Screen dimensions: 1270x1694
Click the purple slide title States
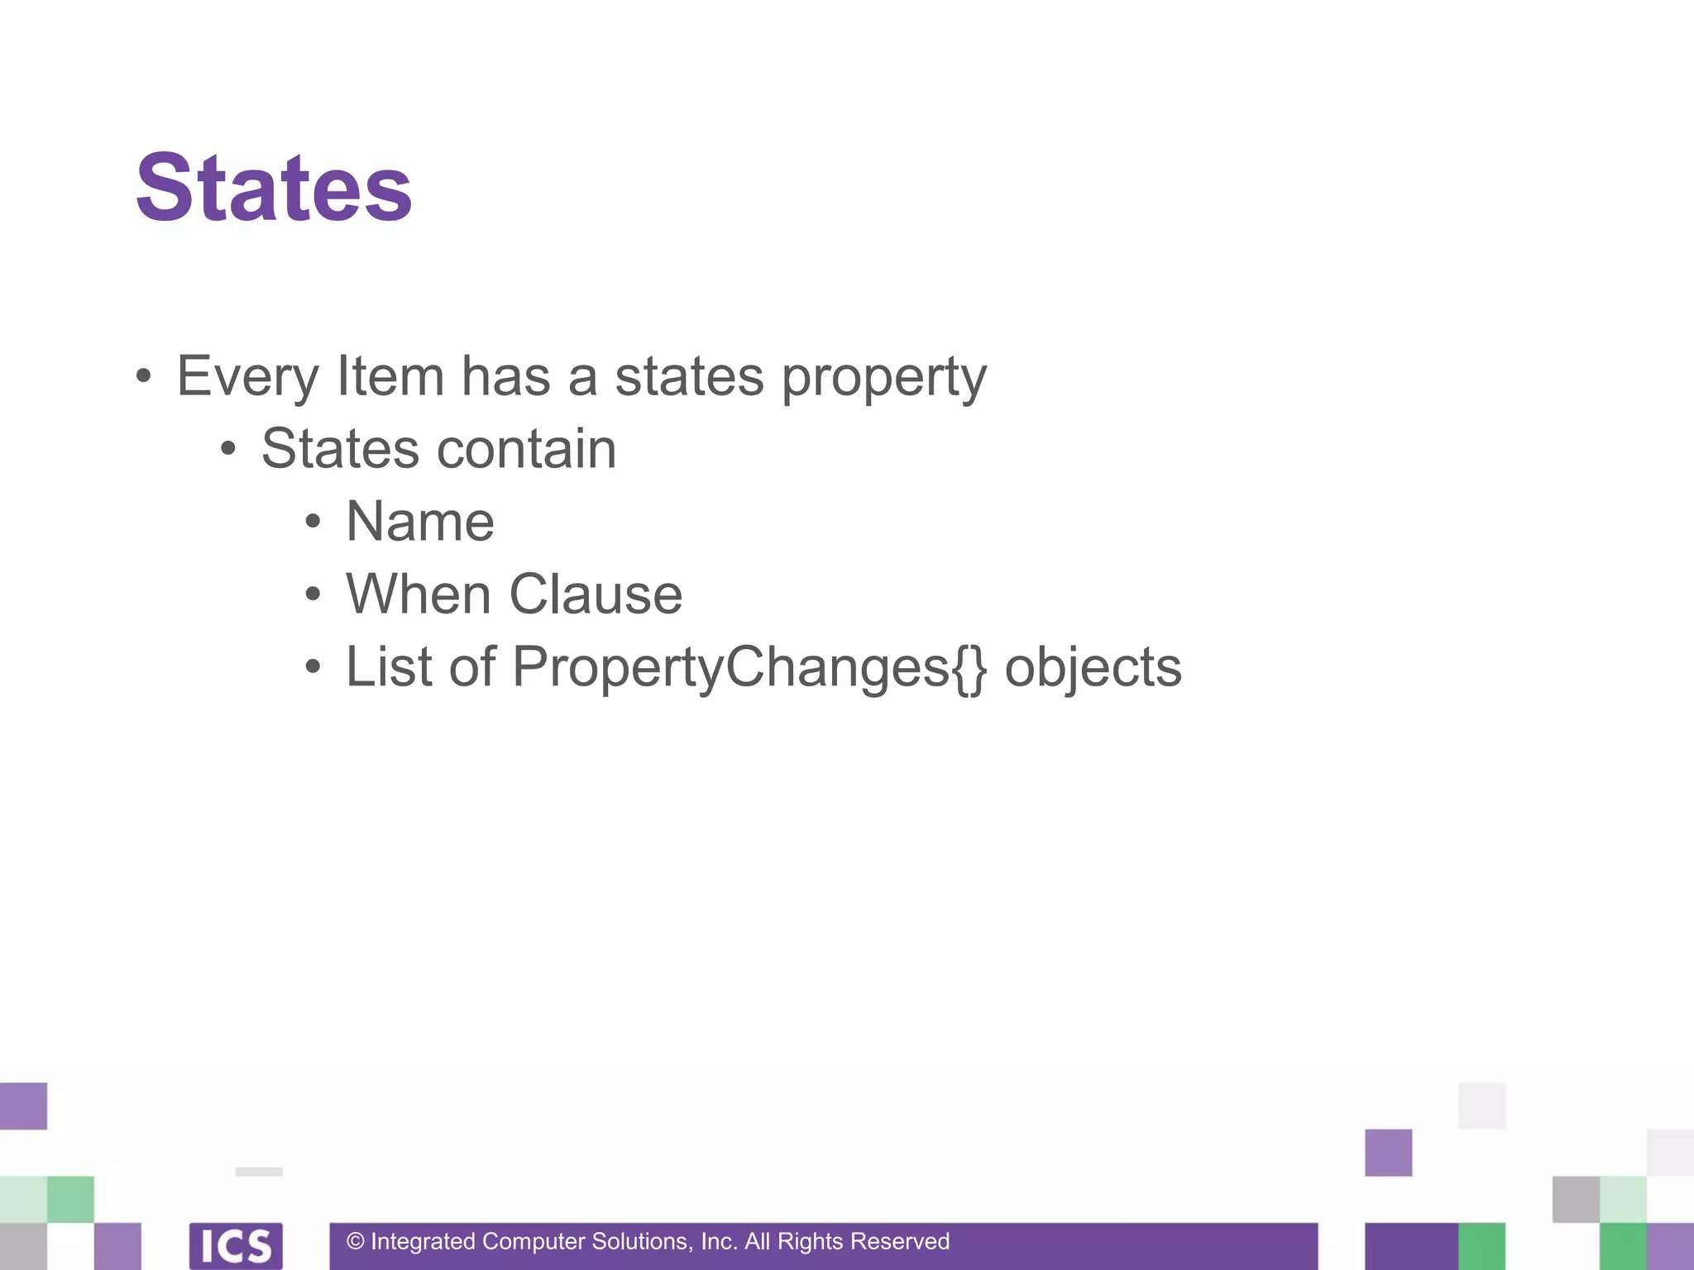[x=274, y=189]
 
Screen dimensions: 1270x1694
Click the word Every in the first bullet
[x=247, y=377]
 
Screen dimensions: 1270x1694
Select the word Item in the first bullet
[x=390, y=377]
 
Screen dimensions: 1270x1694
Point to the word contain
[x=526, y=450]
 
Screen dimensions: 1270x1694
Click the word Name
[x=420, y=523]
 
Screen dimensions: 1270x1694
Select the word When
[x=419, y=594]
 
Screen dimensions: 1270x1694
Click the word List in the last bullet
[x=388, y=666]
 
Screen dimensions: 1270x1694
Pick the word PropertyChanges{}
[x=749, y=668]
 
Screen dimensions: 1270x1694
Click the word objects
[x=1093, y=668]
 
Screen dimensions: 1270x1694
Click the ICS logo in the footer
[x=236, y=1245]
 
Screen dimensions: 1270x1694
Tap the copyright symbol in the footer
[x=356, y=1242]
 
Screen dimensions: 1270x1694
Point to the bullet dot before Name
[x=312, y=522]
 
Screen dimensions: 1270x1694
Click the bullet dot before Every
[x=144, y=377]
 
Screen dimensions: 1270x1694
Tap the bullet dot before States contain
[x=228, y=450]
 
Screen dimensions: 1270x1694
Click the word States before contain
[x=340, y=450]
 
